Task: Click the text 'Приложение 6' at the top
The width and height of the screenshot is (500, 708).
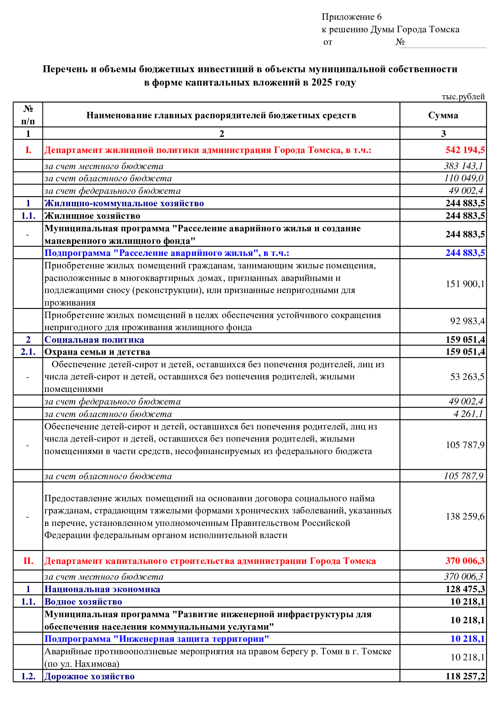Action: tap(351, 17)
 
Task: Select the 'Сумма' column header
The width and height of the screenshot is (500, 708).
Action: tap(443, 115)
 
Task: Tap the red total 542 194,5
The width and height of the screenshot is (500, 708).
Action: tap(465, 150)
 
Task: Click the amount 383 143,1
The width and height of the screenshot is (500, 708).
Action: tap(463, 166)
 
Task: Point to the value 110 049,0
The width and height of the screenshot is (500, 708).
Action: tap(463, 178)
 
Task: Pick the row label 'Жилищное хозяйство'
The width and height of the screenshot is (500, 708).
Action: tap(92, 216)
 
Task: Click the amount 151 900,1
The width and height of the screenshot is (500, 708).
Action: tap(465, 284)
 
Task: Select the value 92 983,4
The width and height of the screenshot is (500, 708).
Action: tap(467, 321)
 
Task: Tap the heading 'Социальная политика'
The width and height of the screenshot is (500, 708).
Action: tap(94, 340)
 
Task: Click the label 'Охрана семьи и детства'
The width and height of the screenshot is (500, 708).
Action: tap(97, 352)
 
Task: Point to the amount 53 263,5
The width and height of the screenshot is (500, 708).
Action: tap(467, 377)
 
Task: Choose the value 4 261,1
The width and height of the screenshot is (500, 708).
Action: tap(468, 414)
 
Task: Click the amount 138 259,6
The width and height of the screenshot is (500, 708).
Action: tap(465, 517)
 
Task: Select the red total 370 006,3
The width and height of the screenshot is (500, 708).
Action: tap(465, 561)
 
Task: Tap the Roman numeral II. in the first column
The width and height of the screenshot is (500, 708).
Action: tap(28, 561)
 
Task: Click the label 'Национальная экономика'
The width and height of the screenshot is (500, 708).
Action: tap(102, 589)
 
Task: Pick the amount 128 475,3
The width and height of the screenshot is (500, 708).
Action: tap(465, 589)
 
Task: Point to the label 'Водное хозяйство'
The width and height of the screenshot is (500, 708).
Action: tap(83, 602)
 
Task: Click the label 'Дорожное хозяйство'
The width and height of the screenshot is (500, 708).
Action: tap(90, 677)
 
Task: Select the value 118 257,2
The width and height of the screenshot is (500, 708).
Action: tap(465, 677)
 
